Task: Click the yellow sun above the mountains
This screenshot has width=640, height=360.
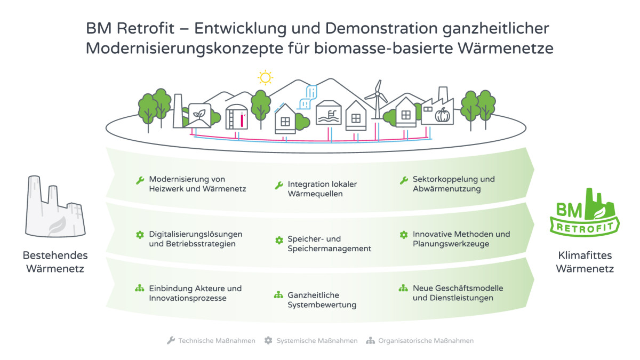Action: [x=265, y=77]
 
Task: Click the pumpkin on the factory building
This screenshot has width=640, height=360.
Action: [x=442, y=115]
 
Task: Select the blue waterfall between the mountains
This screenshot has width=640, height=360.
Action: [x=308, y=97]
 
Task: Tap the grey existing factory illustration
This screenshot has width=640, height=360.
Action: [x=55, y=206]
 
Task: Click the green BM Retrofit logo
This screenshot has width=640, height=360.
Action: [x=585, y=212]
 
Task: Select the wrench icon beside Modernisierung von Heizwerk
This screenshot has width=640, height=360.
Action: [x=140, y=181]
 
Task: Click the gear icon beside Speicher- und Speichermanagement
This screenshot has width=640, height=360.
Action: [x=279, y=241]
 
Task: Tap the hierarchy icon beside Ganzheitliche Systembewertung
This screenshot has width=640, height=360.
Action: [x=278, y=295]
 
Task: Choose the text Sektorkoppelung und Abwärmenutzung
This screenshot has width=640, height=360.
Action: [x=454, y=184]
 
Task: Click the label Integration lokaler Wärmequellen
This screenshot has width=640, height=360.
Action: [x=322, y=189]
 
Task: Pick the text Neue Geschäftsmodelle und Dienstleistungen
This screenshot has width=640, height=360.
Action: [x=458, y=293]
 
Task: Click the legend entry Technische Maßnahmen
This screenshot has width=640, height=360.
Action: [x=211, y=341]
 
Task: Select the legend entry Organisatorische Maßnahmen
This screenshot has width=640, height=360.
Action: [x=420, y=341]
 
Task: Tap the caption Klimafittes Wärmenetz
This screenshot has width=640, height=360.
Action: [x=585, y=262]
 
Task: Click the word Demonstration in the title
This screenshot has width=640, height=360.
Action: [x=381, y=28]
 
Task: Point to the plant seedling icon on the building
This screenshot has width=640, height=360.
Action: [x=199, y=114]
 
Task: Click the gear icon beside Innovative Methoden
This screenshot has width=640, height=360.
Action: [x=403, y=235]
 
